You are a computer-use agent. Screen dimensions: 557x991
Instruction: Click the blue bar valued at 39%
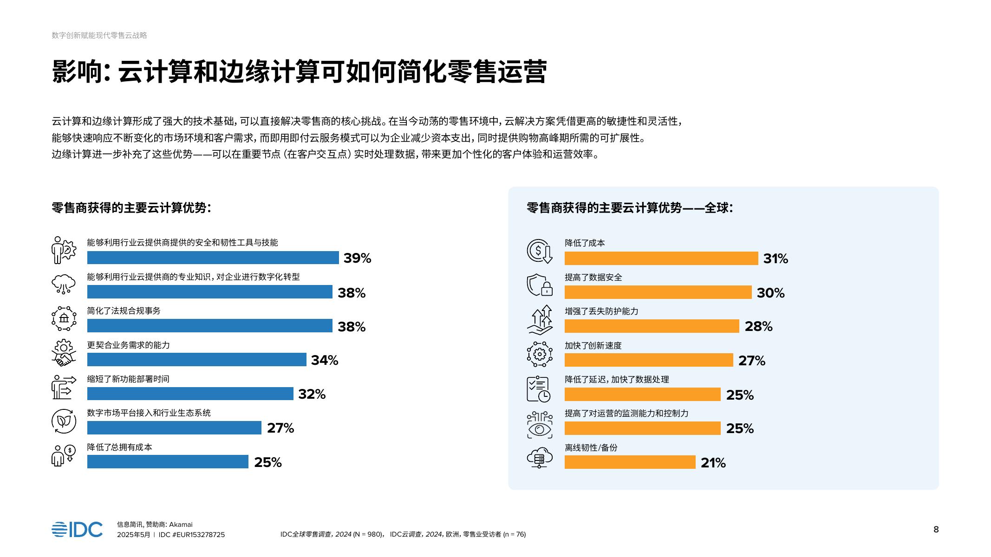(x=213, y=258)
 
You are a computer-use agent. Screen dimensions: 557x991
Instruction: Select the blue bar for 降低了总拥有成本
(x=168, y=462)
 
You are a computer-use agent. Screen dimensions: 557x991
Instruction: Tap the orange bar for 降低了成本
(x=661, y=259)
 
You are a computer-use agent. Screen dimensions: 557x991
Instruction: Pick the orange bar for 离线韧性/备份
(x=630, y=462)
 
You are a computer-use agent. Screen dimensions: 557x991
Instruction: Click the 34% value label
(x=324, y=360)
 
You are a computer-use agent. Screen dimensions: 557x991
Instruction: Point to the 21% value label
(x=713, y=463)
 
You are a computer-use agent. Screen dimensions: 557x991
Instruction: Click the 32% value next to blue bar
(x=312, y=394)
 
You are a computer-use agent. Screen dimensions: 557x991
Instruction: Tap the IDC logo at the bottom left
(x=77, y=530)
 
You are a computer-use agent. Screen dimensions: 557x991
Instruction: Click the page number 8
(x=936, y=530)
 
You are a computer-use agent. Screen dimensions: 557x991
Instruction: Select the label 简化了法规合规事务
(x=124, y=311)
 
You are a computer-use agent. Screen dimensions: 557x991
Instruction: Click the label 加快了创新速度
(x=593, y=345)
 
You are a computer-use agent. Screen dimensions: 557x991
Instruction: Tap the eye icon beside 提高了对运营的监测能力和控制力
(x=539, y=425)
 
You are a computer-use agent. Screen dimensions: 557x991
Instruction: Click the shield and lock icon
(x=539, y=285)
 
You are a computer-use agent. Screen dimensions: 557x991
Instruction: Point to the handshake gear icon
(x=64, y=353)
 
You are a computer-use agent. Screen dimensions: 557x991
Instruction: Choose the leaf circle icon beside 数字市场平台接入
(x=64, y=421)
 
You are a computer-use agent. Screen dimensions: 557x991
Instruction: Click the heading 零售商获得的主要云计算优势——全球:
(x=630, y=208)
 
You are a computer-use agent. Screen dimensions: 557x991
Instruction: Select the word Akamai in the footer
(x=181, y=525)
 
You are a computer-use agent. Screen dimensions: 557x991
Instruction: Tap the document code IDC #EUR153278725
(x=191, y=535)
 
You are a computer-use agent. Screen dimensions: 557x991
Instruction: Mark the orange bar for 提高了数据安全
(x=658, y=292)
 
